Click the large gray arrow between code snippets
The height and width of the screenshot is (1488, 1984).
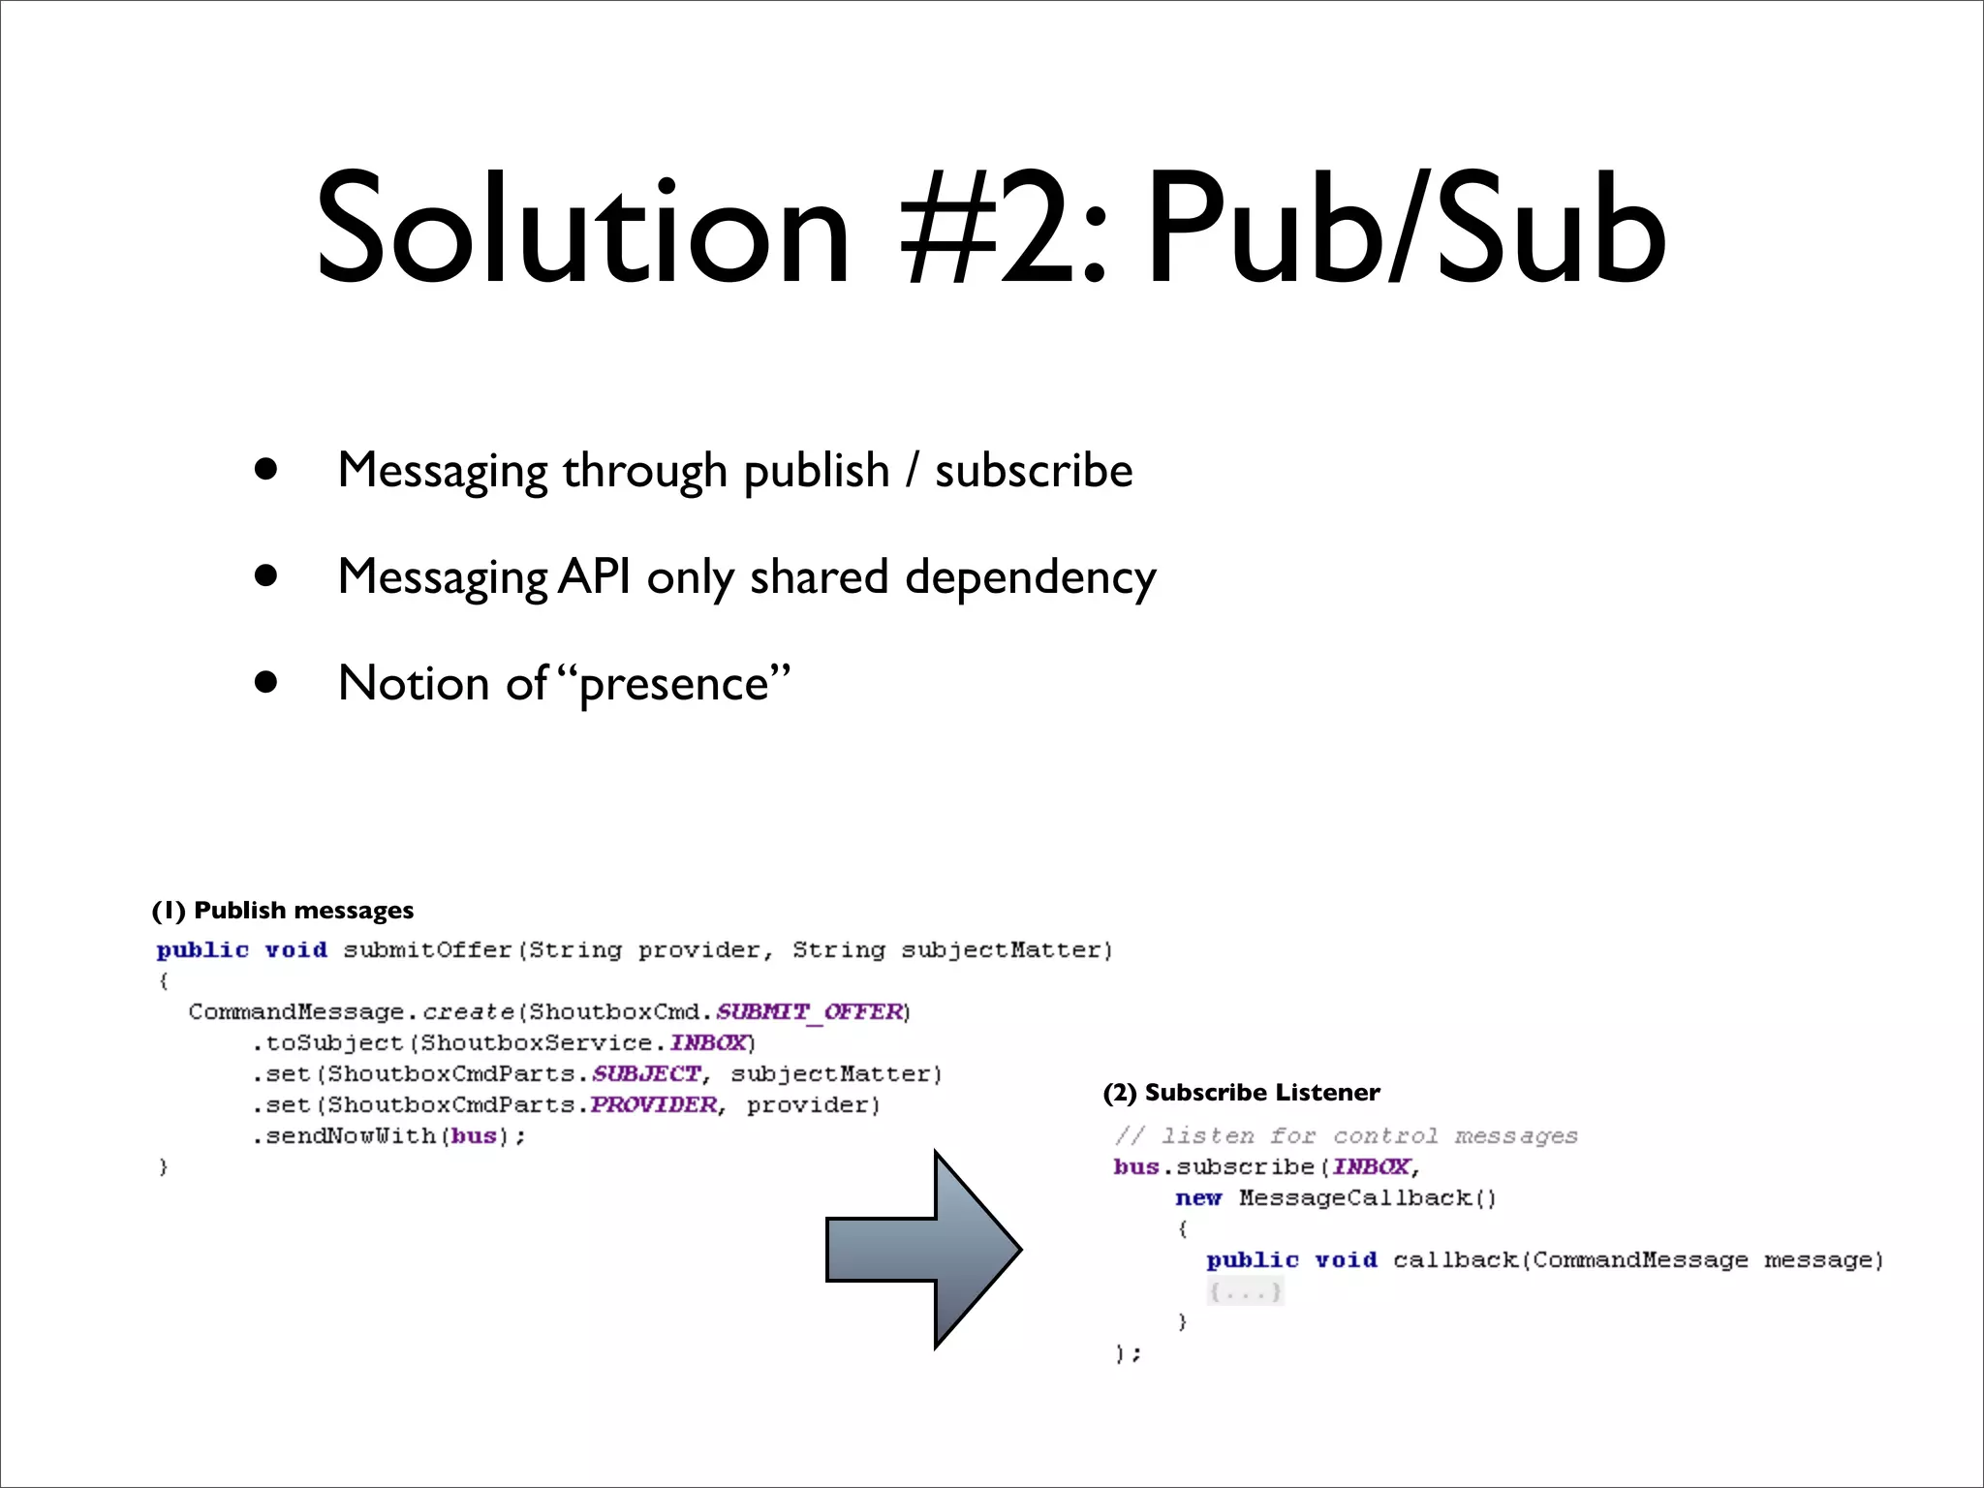pos(925,1250)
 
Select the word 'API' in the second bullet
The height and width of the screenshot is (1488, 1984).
pos(595,577)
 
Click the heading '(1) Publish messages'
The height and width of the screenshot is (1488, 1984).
pos(283,911)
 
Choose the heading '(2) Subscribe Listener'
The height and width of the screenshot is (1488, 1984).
pos(1241,1093)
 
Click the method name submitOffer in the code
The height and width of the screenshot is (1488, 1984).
pos(427,950)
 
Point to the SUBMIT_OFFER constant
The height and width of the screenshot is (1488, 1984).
pos(810,1012)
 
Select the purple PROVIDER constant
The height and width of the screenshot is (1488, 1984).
pos(654,1105)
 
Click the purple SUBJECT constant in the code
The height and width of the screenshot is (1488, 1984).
pos(646,1074)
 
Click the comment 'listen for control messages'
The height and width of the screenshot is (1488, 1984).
pos(1347,1136)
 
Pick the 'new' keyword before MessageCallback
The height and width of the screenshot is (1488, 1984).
pos(1198,1198)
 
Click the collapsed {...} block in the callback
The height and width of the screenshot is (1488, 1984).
pos(1245,1291)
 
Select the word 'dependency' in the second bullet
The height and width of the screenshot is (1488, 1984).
pos(1031,578)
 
